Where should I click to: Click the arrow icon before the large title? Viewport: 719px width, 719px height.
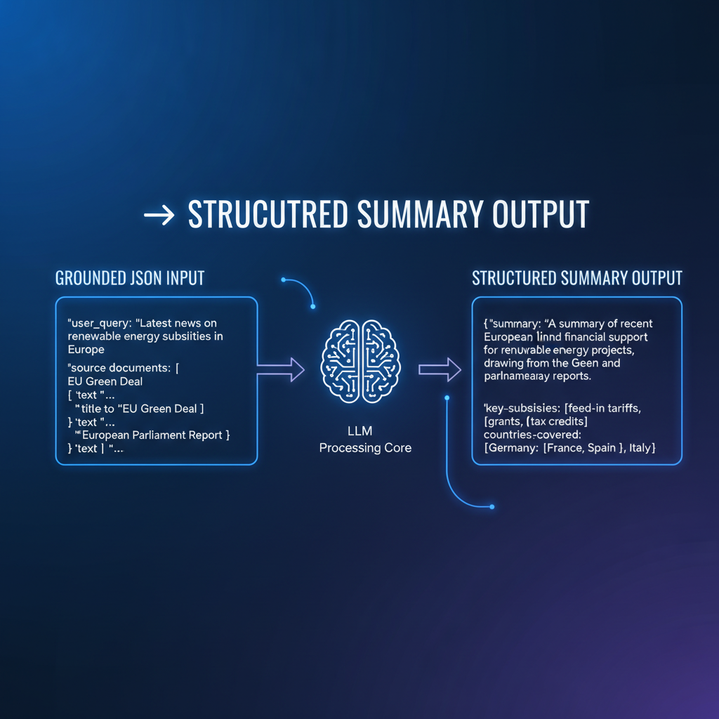pos(159,216)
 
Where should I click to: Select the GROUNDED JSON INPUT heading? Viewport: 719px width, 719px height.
pos(130,278)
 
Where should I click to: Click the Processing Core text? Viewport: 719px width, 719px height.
pos(365,448)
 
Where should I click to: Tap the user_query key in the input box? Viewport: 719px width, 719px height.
pos(98,323)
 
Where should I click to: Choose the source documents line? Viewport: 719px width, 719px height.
pos(124,369)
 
